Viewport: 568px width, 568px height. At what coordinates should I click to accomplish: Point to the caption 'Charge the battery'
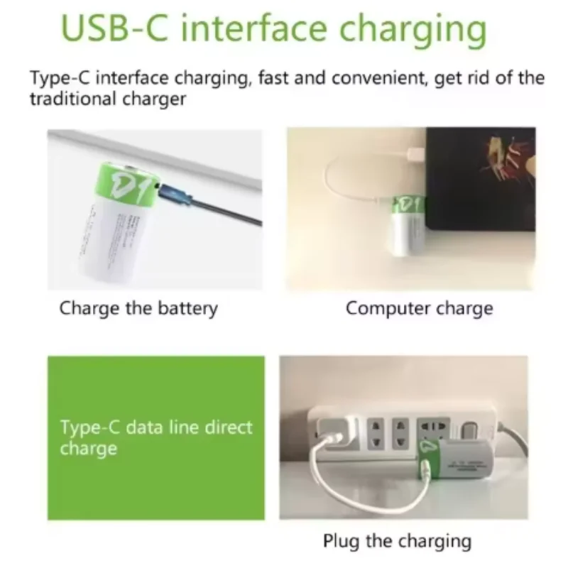click(x=138, y=308)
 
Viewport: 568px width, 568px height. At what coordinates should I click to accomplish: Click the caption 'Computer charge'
click(x=419, y=308)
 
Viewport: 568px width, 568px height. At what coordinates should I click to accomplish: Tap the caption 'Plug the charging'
click(x=397, y=541)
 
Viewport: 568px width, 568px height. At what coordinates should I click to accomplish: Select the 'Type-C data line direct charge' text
click(x=156, y=438)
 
